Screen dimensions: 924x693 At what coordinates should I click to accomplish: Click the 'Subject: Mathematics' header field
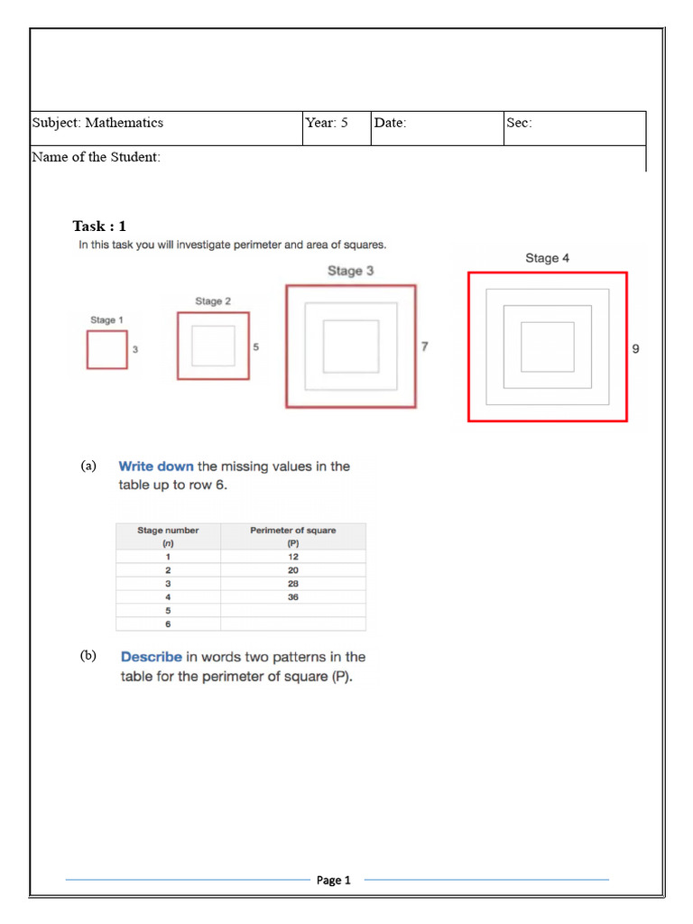point(98,123)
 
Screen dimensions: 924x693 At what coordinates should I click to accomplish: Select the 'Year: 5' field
point(326,123)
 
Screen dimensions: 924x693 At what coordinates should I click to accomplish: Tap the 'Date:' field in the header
point(390,123)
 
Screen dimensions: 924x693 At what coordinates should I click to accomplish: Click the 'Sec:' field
point(519,123)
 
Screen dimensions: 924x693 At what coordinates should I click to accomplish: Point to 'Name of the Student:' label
point(97,157)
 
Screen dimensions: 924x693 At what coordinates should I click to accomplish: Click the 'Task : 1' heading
point(99,226)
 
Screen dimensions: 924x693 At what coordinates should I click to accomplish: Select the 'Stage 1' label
point(106,319)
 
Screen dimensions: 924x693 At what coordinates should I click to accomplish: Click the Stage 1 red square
point(106,350)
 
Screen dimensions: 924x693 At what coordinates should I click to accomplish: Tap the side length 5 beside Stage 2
point(256,347)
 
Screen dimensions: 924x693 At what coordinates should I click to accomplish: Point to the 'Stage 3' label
point(350,271)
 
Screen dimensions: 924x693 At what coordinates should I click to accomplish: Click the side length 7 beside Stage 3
point(424,346)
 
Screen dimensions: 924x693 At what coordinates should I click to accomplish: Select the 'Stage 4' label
point(547,258)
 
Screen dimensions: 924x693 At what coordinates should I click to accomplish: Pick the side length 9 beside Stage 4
point(635,348)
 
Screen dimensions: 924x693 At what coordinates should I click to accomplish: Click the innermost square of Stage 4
point(547,346)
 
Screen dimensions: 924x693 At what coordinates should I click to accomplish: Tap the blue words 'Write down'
point(156,467)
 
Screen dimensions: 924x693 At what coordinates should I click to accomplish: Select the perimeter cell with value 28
point(293,584)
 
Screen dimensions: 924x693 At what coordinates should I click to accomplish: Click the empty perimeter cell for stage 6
point(293,624)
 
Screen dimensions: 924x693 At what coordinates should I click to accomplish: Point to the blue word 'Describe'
point(152,657)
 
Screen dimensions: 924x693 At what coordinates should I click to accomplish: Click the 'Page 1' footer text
point(333,880)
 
